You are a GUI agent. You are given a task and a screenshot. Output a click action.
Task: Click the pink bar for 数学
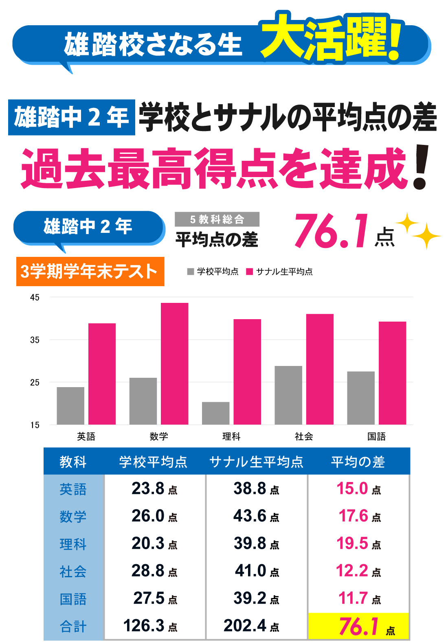[x=175, y=364]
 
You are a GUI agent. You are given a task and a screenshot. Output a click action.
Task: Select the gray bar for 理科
[x=215, y=413]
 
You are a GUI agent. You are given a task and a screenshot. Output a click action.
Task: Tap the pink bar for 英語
[x=102, y=374]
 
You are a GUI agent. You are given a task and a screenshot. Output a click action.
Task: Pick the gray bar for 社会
[x=288, y=395]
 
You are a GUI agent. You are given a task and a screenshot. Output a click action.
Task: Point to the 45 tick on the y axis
[x=35, y=298]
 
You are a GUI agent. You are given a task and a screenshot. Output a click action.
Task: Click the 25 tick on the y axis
[x=35, y=383]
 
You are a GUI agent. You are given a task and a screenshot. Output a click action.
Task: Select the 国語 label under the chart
[x=376, y=437]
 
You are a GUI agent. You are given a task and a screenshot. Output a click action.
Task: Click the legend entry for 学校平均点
[x=213, y=272]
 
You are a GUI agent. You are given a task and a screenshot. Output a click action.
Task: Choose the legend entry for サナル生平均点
[x=280, y=272]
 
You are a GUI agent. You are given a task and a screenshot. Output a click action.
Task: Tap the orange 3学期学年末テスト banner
[x=90, y=272]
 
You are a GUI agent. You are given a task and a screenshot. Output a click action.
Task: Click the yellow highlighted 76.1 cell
[x=359, y=626]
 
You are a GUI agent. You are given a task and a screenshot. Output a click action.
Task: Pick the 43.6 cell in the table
[x=256, y=516]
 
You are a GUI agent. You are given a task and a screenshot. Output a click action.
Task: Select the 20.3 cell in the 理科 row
[x=154, y=543]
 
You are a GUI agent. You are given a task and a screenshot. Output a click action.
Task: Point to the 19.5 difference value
[x=358, y=543]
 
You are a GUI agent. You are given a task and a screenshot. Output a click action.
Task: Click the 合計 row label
[x=73, y=626]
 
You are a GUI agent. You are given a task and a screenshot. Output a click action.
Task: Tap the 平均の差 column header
[x=358, y=462]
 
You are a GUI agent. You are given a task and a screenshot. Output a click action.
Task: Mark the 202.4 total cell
[x=251, y=626]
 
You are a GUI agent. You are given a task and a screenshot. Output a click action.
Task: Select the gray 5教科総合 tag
[x=217, y=219]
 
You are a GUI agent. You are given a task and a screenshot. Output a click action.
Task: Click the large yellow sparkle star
[x=426, y=236]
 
